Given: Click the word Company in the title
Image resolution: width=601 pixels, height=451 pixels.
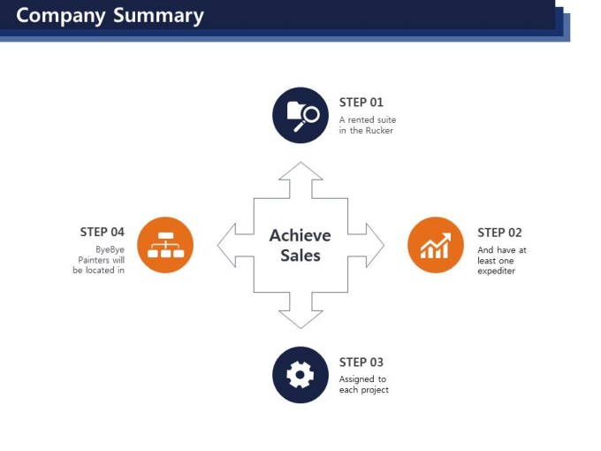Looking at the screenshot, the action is tap(61, 17).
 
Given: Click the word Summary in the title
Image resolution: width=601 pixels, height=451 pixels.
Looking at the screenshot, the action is tap(158, 17).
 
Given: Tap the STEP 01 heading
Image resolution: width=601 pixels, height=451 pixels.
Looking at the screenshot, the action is tap(361, 103).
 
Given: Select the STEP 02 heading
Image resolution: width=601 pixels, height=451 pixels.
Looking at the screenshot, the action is tap(499, 233).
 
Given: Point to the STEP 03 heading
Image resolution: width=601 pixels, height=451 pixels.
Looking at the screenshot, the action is tap(361, 362).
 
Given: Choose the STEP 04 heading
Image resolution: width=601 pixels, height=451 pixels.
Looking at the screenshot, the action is tap(102, 232).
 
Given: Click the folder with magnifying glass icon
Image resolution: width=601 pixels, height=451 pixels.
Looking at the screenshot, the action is tap(300, 116).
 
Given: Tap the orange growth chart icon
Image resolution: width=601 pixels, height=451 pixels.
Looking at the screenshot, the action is tap(436, 245).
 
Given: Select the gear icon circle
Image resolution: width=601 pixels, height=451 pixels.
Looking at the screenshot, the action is tap(300, 375).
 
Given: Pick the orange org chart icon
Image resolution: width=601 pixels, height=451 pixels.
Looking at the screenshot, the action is tap(165, 245).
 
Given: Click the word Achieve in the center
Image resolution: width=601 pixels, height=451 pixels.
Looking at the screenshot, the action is tap(300, 235).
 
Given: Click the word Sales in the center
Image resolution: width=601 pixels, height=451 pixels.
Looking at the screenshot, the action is tap(300, 256).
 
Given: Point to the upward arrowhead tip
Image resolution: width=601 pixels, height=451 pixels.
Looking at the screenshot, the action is tap(300, 162).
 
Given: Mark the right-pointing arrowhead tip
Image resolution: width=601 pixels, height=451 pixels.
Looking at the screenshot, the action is tap(384, 245).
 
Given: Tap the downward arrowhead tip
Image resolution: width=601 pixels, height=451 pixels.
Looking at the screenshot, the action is tap(300, 328).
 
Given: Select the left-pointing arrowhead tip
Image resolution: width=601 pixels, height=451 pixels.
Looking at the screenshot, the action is tap(217, 245).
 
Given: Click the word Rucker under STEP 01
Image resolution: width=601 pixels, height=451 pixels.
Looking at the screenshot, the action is tap(379, 130).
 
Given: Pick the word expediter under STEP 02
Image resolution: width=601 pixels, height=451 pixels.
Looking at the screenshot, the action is tap(496, 271).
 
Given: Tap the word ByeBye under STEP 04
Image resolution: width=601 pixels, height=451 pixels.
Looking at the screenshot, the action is tap(110, 249).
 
